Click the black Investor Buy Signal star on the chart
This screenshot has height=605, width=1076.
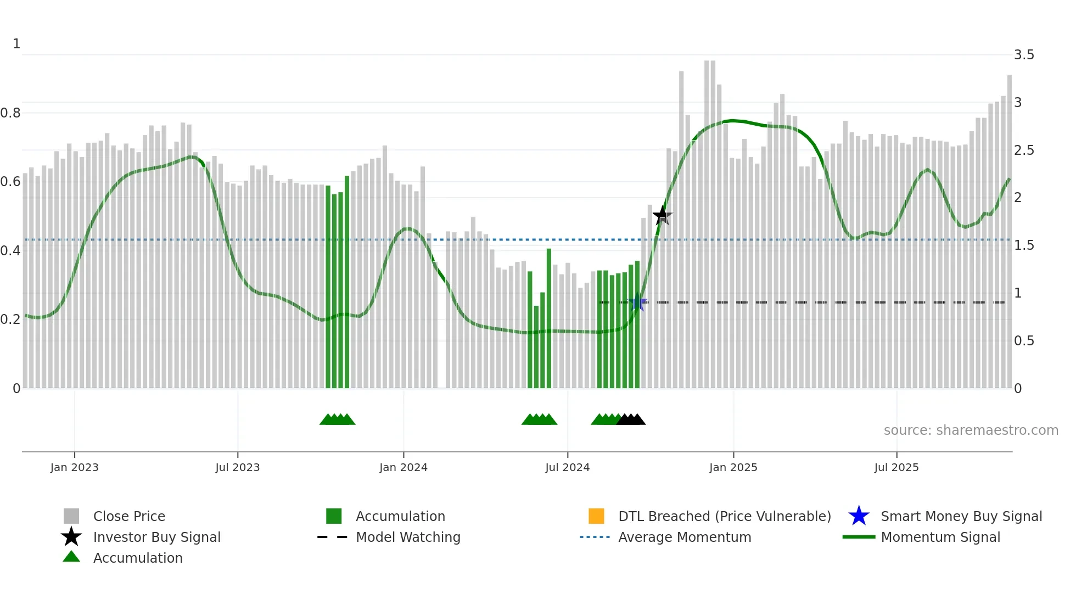(662, 215)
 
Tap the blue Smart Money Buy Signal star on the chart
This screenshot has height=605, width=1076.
(638, 302)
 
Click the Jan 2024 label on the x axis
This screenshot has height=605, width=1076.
(403, 467)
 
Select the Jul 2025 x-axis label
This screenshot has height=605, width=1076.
(896, 467)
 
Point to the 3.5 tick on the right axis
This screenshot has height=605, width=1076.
(1023, 55)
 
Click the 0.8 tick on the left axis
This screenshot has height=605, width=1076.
(10, 113)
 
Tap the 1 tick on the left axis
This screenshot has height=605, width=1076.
(16, 44)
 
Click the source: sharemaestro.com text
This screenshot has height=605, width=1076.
(971, 430)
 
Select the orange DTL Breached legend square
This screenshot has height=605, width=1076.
(596, 516)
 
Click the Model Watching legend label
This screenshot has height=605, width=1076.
(408, 537)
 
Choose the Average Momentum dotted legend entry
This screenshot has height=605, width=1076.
(595, 537)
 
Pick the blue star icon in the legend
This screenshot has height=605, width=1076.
(859, 516)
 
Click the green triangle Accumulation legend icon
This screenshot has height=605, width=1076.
(71, 557)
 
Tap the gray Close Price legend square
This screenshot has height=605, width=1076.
(71, 516)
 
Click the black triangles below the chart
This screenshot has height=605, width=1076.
(631, 419)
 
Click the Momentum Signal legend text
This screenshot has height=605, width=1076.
(940, 537)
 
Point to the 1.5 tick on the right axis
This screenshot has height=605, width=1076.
(1023, 245)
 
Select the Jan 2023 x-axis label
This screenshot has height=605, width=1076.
(74, 467)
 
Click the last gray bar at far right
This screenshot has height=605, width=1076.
(1009, 231)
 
